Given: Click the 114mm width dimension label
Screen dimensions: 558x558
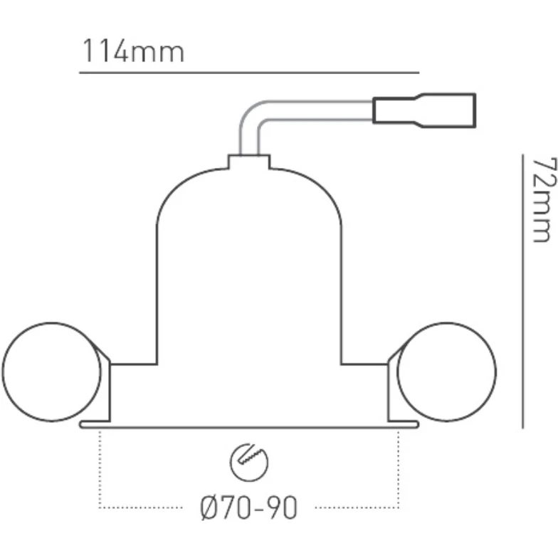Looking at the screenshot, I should [x=133, y=52].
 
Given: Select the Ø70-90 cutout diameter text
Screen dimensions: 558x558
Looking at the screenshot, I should [x=248, y=507].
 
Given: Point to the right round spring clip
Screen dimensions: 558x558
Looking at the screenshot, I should [x=446, y=372].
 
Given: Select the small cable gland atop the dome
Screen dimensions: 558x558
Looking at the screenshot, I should [x=248, y=162].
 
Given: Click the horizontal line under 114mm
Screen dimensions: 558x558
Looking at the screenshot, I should [x=249, y=73].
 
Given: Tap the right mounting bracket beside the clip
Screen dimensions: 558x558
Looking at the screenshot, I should [x=393, y=388].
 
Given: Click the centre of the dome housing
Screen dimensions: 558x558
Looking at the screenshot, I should [x=248, y=285].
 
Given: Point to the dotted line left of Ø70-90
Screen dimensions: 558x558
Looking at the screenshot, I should [x=142, y=507].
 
